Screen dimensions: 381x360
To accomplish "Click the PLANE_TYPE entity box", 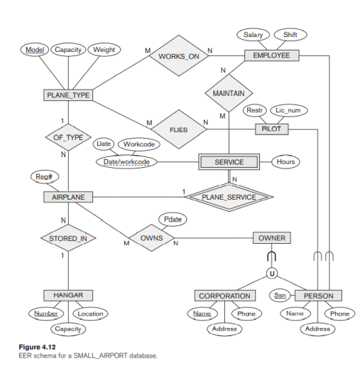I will [67, 95].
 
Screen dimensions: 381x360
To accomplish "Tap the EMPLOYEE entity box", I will [272, 55].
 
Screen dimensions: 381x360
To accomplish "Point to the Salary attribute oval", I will [253, 35].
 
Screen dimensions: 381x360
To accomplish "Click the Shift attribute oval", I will [290, 35].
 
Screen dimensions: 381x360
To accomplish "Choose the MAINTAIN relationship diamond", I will [229, 92].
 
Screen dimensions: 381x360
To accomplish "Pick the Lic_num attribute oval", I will [289, 110].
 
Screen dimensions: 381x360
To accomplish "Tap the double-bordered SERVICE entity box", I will [229, 162].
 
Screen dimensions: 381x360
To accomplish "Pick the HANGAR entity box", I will [68, 295].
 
